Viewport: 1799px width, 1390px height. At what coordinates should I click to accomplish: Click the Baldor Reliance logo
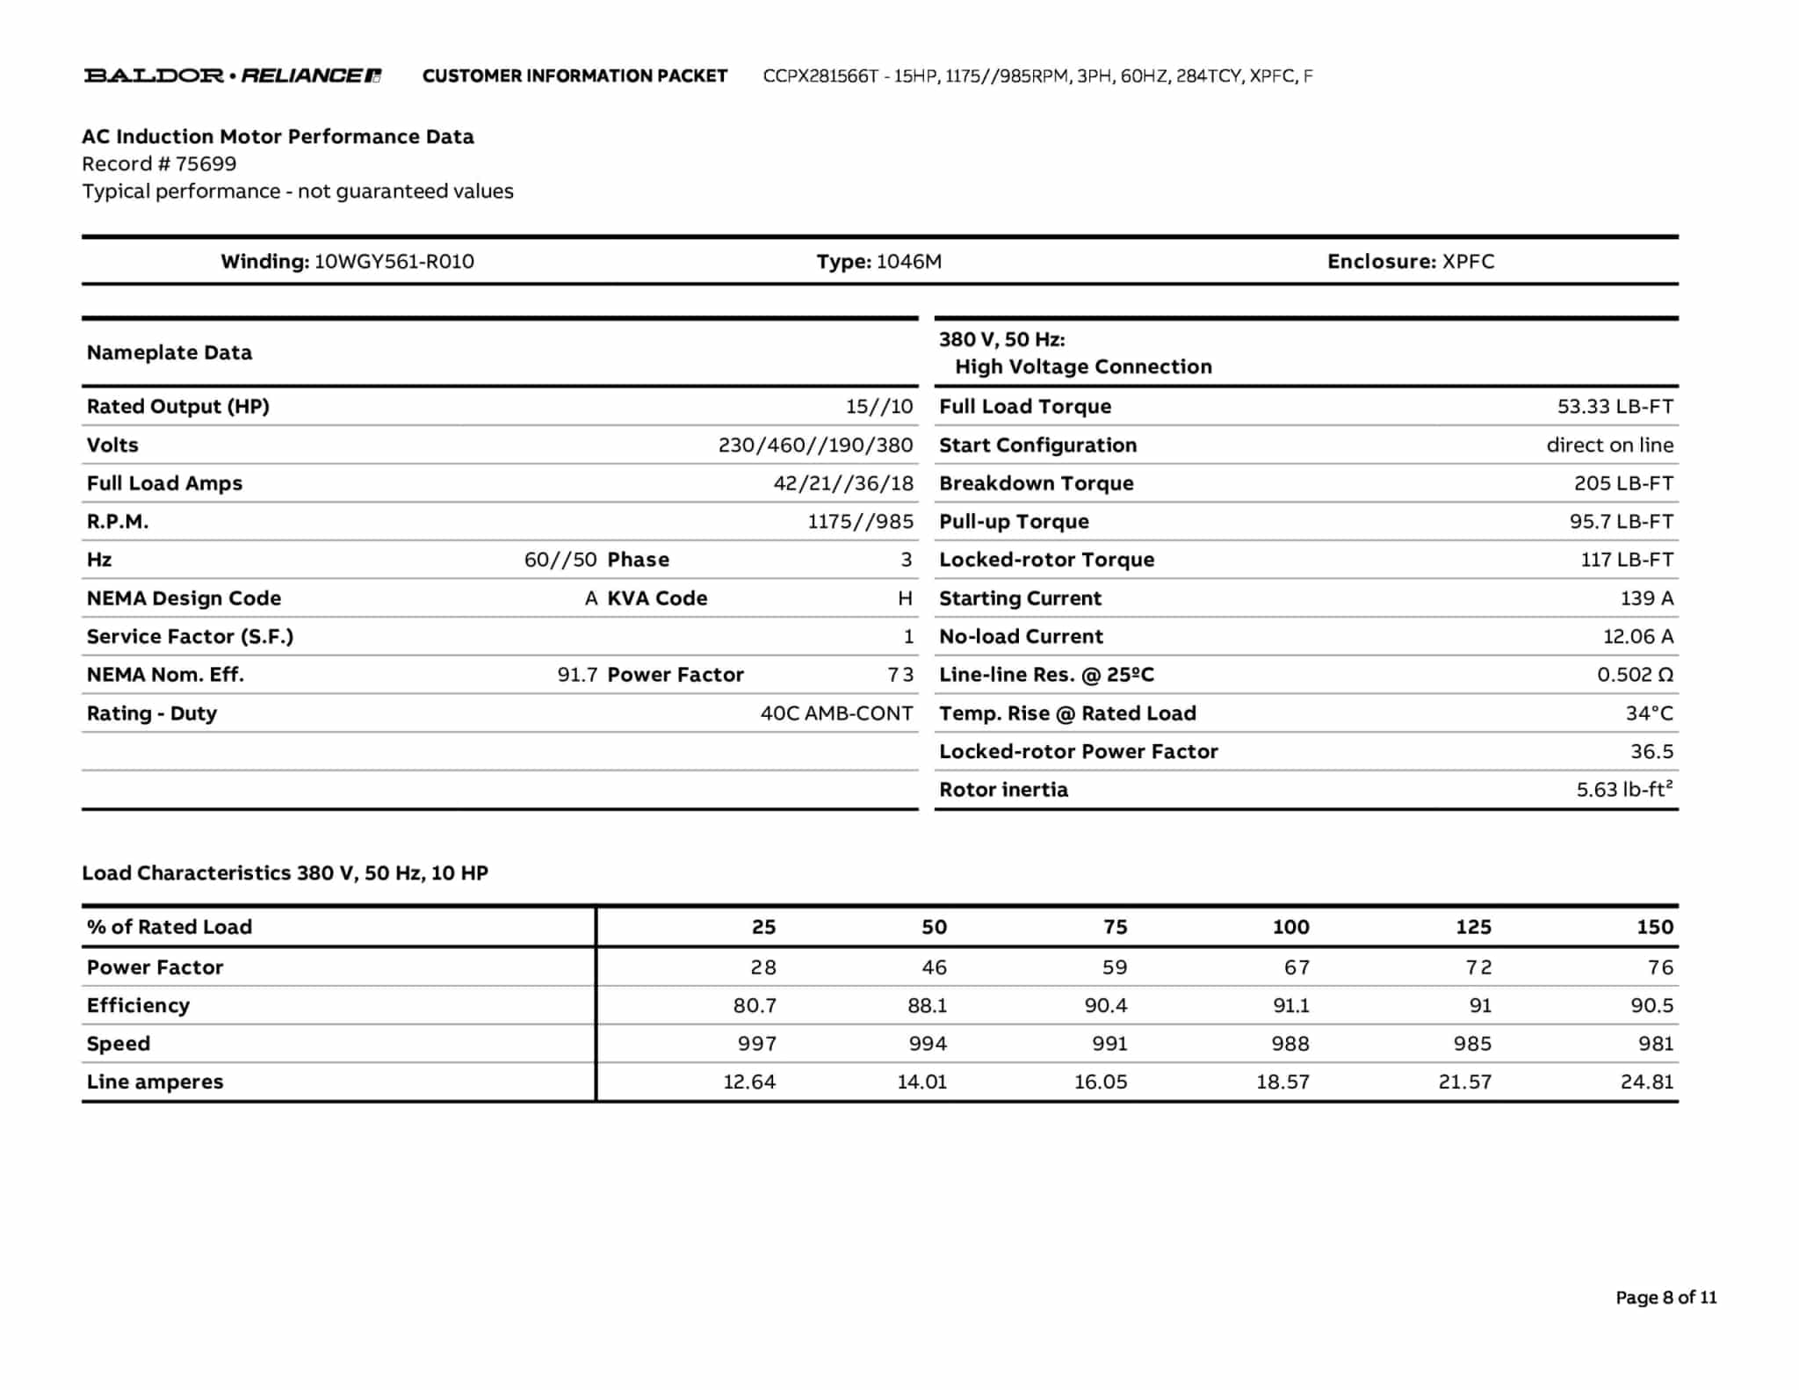pyautogui.click(x=232, y=76)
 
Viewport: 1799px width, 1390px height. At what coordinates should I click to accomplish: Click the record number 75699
pyautogui.click(x=206, y=163)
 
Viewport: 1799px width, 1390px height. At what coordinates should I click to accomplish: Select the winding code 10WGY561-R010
pyautogui.click(x=394, y=261)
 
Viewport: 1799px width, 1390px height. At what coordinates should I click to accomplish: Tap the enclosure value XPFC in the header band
pyautogui.click(x=1468, y=261)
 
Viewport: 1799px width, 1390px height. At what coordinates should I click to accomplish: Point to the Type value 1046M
pyautogui.click(x=908, y=261)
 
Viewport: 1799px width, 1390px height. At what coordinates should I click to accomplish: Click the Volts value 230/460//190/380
pyautogui.click(x=815, y=445)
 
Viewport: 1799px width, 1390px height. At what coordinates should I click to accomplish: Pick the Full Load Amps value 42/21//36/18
pyautogui.click(x=842, y=483)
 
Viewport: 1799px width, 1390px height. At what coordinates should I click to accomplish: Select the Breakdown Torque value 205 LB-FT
pyautogui.click(x=1623, y=483)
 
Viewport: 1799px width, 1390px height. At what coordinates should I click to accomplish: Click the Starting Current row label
pyautogui.click(x=1020, y=598)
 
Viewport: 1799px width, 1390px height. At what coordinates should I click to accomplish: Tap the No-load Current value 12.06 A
pyautogui.click(x=1637, y=636)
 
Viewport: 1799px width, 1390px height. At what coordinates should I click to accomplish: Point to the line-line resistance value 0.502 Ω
pyautogui.click(x=1635, y=675)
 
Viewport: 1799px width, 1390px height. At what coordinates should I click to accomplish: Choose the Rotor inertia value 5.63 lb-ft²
pyautogui.click(x=1624, y=789)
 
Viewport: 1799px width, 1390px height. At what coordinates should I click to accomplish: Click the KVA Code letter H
pyautogui.click(x=905, y=598)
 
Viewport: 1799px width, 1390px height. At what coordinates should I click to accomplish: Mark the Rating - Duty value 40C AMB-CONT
pyautogui.click(x=836, y=713)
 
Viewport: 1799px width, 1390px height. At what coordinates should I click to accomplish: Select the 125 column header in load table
pyautogui.click(x=1473, y=927)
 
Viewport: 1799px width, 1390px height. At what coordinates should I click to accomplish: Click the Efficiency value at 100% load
pyautogui.click(x=1290, y=1005)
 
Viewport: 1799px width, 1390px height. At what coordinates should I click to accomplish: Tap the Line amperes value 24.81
pyautogui.click(x=1647, y=1082)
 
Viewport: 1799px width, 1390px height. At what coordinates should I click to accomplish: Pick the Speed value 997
pyautogui.click(x=756, y=1044)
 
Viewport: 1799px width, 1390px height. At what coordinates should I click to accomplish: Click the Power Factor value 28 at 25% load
pyautogui.click(x=762, y=967)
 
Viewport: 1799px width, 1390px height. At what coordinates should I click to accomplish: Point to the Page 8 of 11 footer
pyautogui.click(x=1665, y=1297)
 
